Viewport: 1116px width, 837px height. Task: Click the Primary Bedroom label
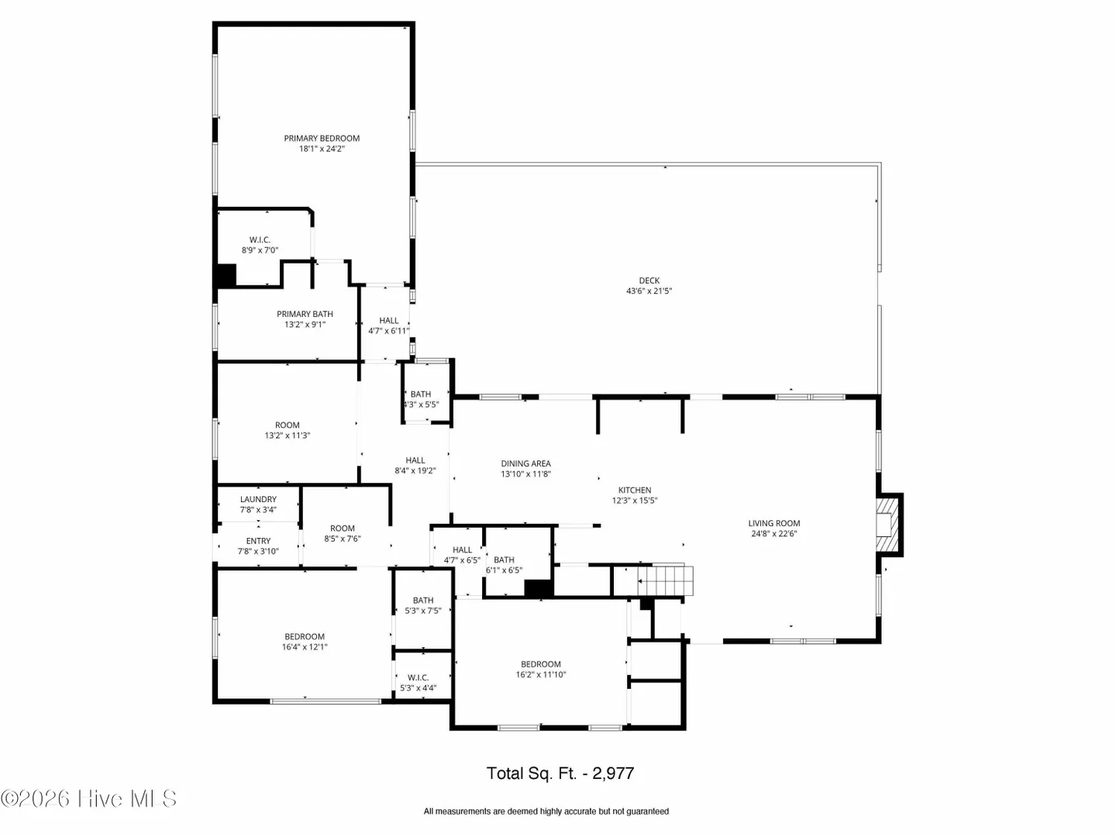click(322, 138)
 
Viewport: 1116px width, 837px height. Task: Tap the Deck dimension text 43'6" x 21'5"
click(649, 291)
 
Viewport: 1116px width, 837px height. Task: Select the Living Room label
click(773, 523)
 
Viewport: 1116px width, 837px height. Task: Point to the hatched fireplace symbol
click(887, 525)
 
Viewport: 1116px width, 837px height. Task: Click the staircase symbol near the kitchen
click(665, 580)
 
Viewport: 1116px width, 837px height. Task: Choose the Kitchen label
click(635, 490)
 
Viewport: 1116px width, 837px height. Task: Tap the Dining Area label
click(525, 463)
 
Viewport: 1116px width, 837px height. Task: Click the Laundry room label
click(258, 500)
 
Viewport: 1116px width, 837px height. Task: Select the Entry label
click(258, 541)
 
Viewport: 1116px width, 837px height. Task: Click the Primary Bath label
click(305, 314)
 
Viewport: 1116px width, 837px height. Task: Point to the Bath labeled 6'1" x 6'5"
click(504, 565)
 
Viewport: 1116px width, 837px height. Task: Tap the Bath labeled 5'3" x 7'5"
click(423, 605)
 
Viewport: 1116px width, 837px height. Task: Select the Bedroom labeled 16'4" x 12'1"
click(305, 642)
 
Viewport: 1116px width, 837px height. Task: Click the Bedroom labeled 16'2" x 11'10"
click(540, 670)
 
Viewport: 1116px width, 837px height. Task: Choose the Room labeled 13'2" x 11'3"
click(288, 430)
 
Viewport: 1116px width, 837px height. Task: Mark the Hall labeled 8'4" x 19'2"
click(415, 466)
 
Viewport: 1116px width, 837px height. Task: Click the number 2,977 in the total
click(613, 773)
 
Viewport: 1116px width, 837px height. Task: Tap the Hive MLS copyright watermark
click(88, 798)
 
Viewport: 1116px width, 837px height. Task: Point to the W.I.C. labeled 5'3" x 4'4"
click(418, 683)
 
